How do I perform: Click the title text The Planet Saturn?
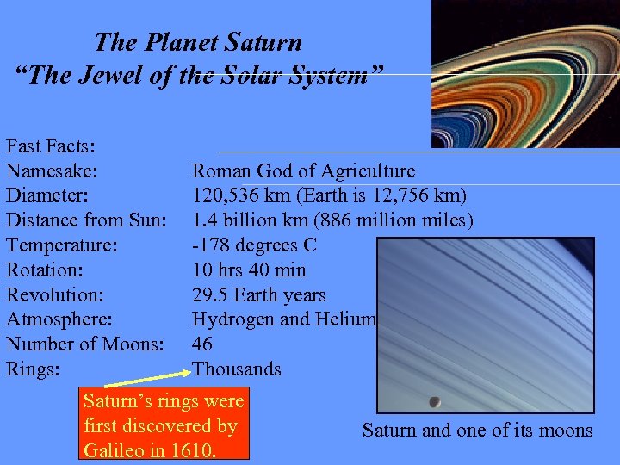click(198, 41)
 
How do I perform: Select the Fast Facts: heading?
click(51, 146)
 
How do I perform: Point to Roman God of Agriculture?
click(303, 171)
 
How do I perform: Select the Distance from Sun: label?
click(86, 220)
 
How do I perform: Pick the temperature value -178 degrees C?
click(254, 245)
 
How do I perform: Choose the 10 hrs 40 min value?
click(249, 270)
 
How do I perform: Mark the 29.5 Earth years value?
click(258, 295)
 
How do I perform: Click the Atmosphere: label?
click(58, 319)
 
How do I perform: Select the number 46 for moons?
click(202, 344)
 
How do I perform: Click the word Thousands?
click(236, 369)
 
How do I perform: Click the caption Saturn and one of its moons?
click(477, 431)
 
